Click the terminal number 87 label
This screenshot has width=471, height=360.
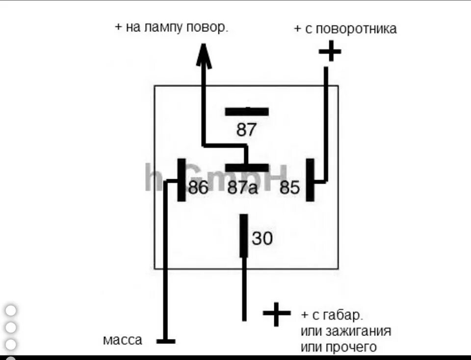click(246, 130)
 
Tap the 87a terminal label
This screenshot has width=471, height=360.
click(242, 187)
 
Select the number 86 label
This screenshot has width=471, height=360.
click(198, 187)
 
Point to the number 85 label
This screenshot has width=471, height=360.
click(289, 187)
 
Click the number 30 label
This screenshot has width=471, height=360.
click(262, 239)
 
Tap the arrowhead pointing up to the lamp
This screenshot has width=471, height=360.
click(204, 55)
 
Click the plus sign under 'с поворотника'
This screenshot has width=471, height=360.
click(330, 51)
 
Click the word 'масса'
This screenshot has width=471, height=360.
click(123, 340)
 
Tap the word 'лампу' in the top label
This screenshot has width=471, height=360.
click(164, 28)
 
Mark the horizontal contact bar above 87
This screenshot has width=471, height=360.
click(247, 111)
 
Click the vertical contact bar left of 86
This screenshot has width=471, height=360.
click(182, 180)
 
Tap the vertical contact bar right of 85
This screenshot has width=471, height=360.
click(310, 180)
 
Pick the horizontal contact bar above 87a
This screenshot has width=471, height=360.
click(247, 167)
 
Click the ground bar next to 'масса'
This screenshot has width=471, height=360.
click(166, 341)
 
